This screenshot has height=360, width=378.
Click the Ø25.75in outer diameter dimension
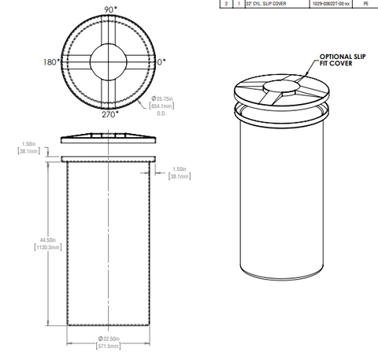pos(167,98)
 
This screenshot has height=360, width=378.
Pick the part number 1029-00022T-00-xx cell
pos(324,4)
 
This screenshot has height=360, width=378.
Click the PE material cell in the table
pos(365,4)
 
